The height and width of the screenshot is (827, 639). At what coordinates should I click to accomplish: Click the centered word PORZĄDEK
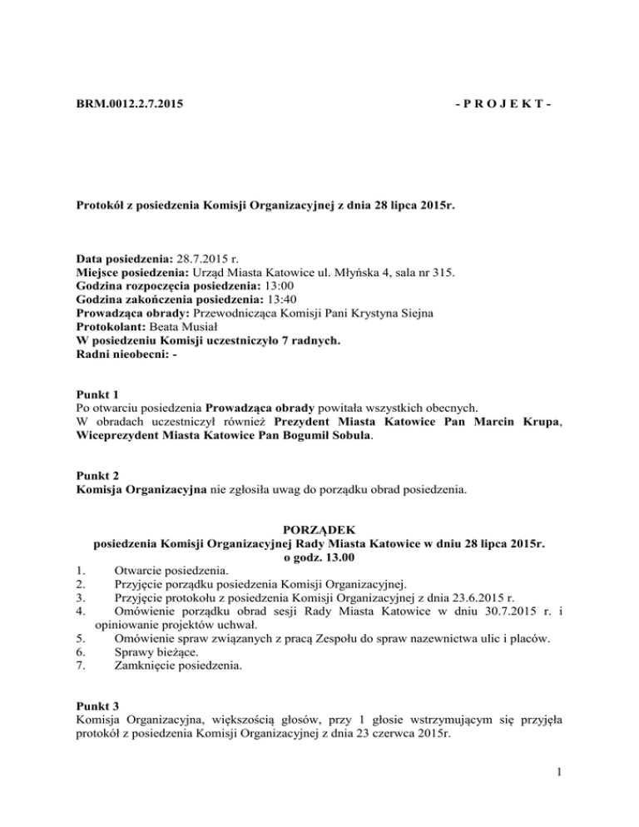pos(319,529)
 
